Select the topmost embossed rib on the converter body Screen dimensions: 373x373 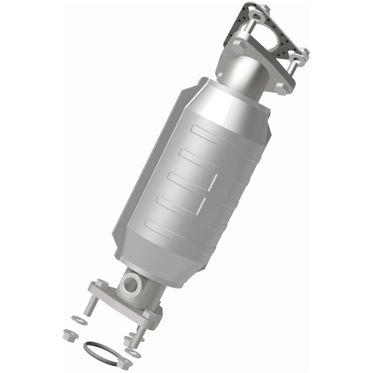point(219,131)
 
